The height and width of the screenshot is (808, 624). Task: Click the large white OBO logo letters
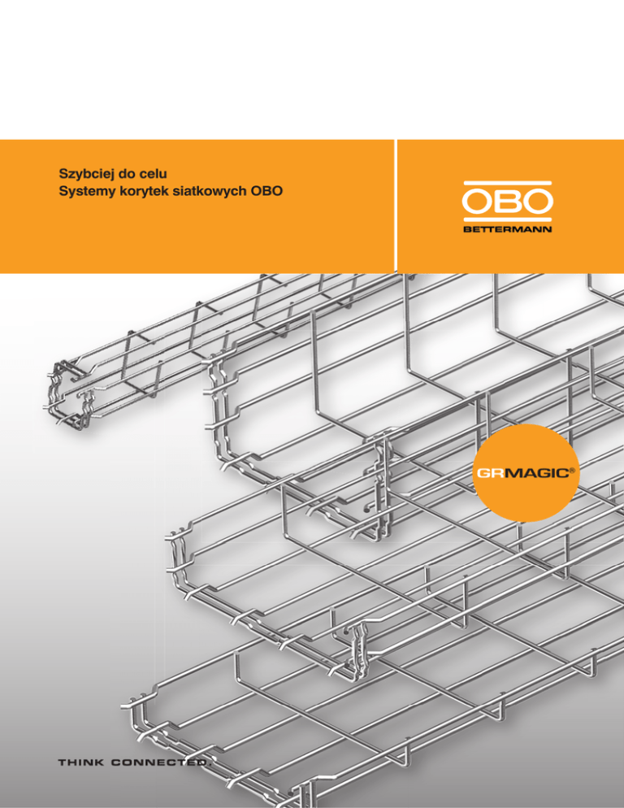point(508,202)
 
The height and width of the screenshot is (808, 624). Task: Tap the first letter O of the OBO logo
point(479,202)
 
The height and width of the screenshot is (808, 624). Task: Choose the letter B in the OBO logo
point(509,202)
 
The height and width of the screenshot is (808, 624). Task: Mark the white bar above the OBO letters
point(508,184)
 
